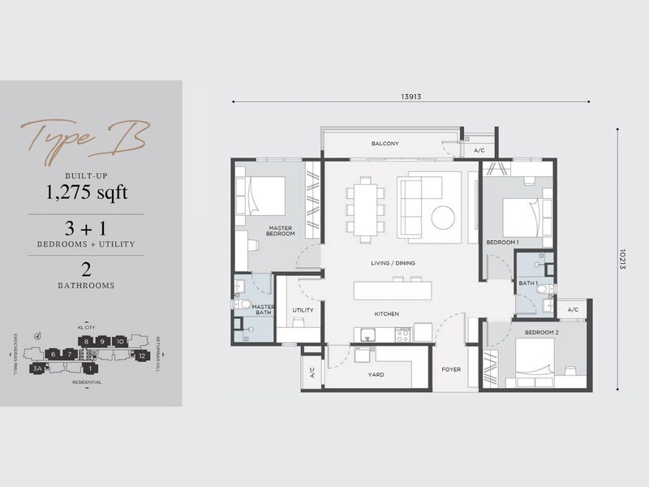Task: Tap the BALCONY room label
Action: [x=385, y=144]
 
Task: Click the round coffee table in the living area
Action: [x=443, y=218]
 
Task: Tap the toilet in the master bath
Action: [x=243, y=304]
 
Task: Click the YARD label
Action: [x=376, y=375]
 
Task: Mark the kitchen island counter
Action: [x=393, y=289]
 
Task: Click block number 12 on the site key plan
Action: [x=141, y=356]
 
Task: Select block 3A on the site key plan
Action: [x=37, y=368]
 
